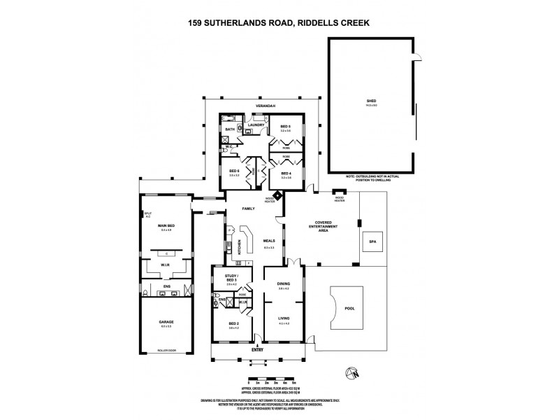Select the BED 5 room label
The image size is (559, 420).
click(x=286, y=127)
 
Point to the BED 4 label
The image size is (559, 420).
click(x=286, y=173)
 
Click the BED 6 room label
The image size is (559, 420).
click(x=234, y=172)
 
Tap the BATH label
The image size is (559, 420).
click(x=230, y=129)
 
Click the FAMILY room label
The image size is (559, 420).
click(x=248, y=209)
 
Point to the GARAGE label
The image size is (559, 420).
click(x=166, y=322)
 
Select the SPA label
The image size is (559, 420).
click(x=372, y=242)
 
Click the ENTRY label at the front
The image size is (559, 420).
click(x=259, y=351)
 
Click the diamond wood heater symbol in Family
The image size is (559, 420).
click(x=277, y=195)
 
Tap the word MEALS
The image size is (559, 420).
click(x=269, y=243)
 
